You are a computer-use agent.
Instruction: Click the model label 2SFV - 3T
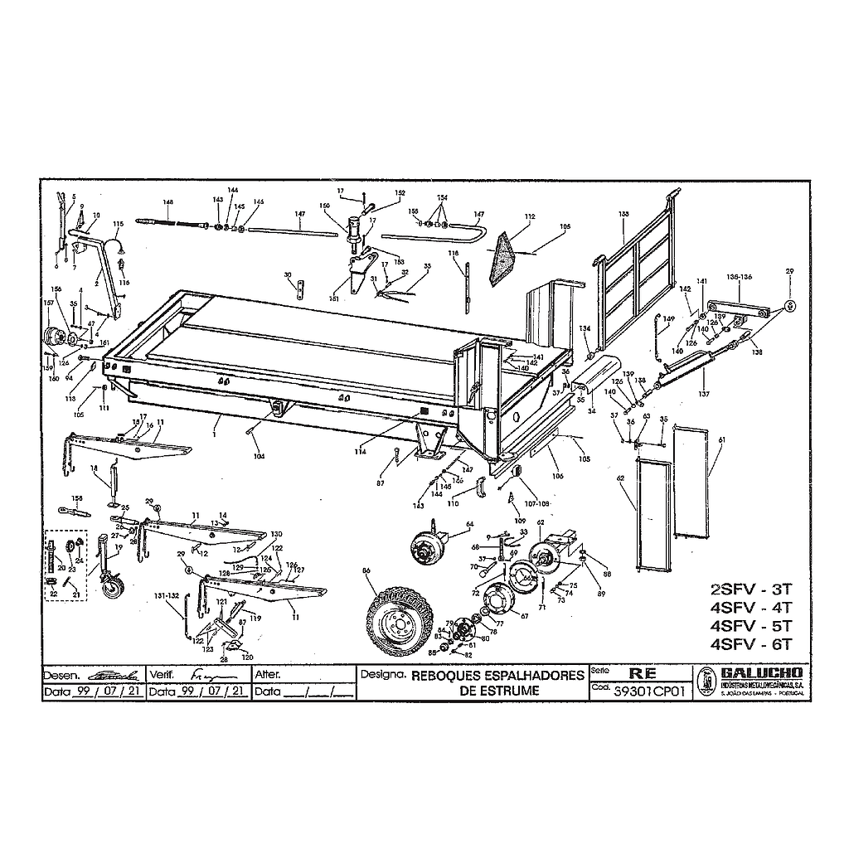[x=752, y=589]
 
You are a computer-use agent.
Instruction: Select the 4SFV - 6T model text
[x=752, y=644]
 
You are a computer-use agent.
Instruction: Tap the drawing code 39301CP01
[x=647, y=690]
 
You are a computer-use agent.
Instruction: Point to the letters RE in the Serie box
[x=643, y=673]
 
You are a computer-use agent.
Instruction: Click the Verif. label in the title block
[x=162, y=674]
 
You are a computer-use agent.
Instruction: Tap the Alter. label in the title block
[x=269, y=674]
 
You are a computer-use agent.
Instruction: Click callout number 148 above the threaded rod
[x=167, y=201]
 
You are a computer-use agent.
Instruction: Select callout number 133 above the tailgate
[x=624, y=214]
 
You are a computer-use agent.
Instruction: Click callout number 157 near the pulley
[x=48, y=303]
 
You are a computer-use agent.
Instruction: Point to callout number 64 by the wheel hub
[x=469, y=524]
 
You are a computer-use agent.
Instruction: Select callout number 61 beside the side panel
[x=722, y=439]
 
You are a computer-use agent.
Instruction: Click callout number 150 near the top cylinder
[x=324, y=205]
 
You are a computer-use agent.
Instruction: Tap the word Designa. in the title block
[x=382, y=674]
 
